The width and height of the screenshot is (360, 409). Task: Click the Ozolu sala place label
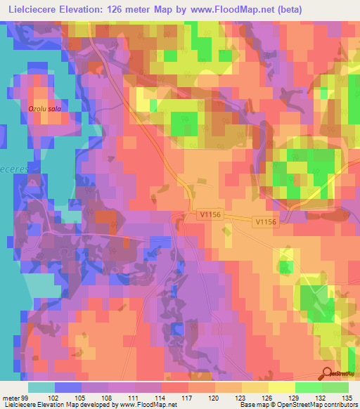click(x=44, y=109)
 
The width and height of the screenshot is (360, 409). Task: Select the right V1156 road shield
click(x=266, y=221)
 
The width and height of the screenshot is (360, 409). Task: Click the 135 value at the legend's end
click(x=348, y=397)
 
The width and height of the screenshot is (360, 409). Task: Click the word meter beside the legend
click(x=11, y=397)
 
